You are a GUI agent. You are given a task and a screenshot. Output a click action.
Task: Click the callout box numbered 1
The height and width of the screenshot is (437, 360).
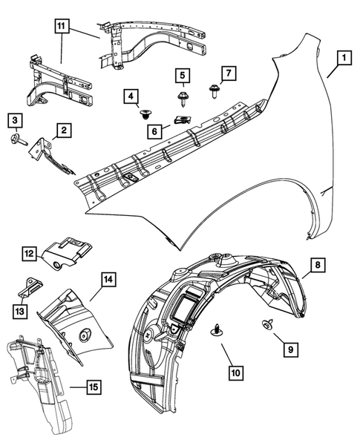click(x=343, y=56)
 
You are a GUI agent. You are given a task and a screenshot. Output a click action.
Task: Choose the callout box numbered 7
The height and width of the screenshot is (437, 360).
click(x=229, y=73)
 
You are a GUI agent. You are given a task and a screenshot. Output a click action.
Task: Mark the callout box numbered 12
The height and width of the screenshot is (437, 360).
click(x=29, y=254)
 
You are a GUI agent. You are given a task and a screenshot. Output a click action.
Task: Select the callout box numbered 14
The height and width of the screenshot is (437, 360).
click(x=108, y=280)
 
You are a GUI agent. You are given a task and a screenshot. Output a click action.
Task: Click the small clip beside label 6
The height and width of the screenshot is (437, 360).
click(x=182, y=118)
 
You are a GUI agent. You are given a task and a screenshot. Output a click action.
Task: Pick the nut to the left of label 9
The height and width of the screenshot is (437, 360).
click(x=265, y=323)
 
